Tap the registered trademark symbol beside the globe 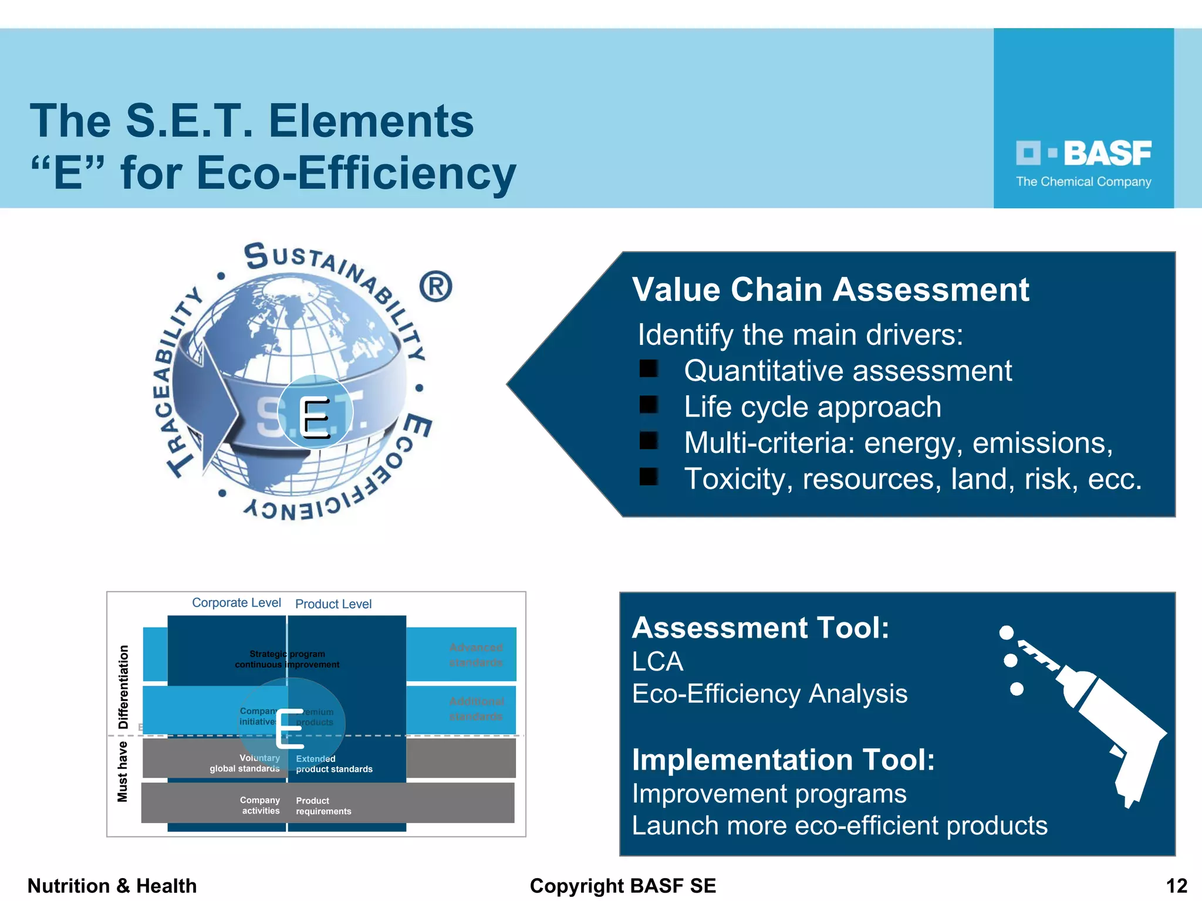click(x=435, y=286)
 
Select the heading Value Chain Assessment click(x=830, y=290)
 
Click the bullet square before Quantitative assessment click(x=649, y=369)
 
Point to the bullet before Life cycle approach click(x=649, y=405)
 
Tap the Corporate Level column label click(x=237, y=603)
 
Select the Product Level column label click(x=333, y=604)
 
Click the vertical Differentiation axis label click(x=123, y=687)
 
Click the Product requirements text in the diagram click(x=323, y=806)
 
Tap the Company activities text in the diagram click(x=260, y=805)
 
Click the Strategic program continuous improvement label click(x=287, y=659)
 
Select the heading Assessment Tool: click(x=760, y=628)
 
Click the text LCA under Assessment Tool click(x=657, y=662)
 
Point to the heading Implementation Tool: click(x=783, y=760)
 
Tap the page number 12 click(x=1176, y=886)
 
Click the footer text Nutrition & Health click(x=112, y=886)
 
